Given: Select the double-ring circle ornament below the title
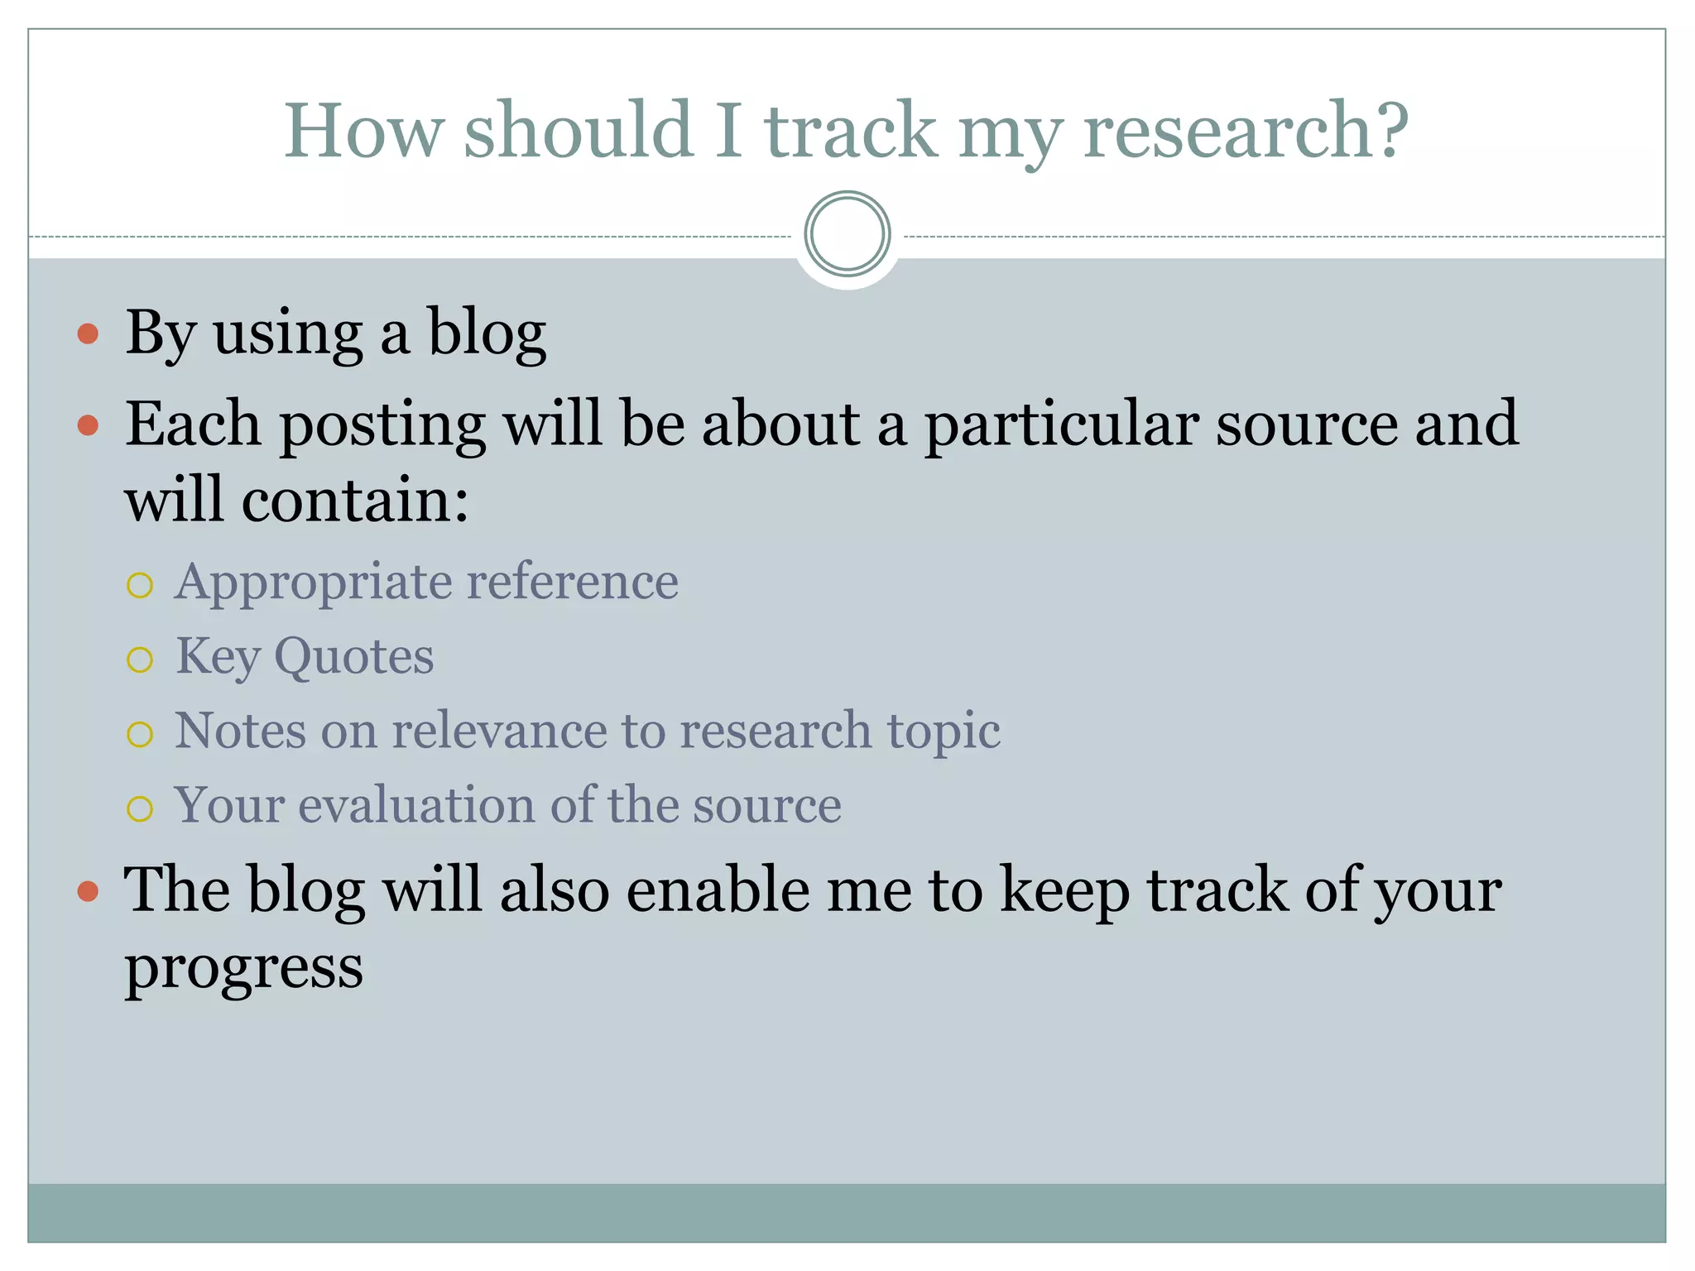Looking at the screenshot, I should pos(847,234).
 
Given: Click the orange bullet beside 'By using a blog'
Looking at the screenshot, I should pos(88,334).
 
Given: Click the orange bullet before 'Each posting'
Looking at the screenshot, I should pos(88,425).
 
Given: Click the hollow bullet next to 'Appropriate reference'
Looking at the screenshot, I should pos(140,586).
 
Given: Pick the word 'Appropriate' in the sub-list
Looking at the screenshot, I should pos(312,583).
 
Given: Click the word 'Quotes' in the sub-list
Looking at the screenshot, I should pos(353,657).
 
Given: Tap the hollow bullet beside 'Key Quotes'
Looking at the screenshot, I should pos(140,660).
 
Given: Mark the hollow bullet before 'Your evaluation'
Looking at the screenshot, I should pos(140,809).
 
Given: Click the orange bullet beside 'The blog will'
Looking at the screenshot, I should pos(88,892).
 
